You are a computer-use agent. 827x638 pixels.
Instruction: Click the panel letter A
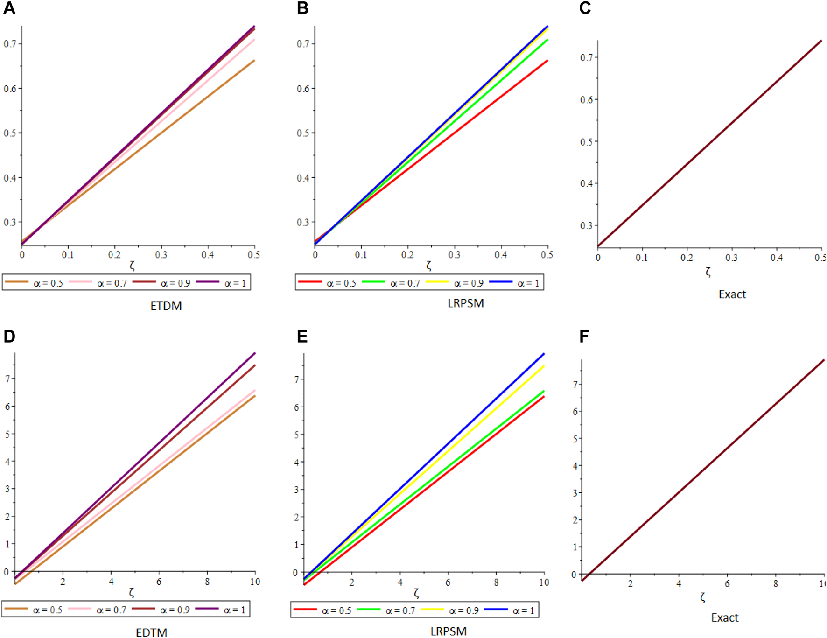9,8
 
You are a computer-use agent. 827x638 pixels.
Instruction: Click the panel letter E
302,337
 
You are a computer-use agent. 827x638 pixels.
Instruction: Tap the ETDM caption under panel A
166,306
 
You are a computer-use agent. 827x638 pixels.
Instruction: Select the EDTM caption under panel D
151,632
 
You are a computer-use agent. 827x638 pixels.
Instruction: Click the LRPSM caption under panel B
465,303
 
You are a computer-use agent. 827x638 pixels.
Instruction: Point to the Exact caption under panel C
732,294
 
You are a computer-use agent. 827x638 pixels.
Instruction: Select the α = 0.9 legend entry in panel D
161,610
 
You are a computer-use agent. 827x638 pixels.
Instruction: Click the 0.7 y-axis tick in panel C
586,58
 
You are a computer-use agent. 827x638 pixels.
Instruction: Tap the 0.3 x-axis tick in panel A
161,255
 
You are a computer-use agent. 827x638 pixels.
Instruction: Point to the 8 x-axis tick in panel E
496,582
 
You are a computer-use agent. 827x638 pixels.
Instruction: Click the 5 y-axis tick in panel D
7,434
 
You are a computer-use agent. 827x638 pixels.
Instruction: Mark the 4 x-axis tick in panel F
679,584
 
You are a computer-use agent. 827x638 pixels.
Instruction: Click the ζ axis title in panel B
428,266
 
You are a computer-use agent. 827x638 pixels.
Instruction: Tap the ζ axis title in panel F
702,597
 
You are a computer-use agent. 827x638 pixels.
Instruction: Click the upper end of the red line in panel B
547,61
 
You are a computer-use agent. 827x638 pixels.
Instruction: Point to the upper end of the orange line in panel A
253,61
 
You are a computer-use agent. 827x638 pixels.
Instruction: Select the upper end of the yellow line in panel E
543,366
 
